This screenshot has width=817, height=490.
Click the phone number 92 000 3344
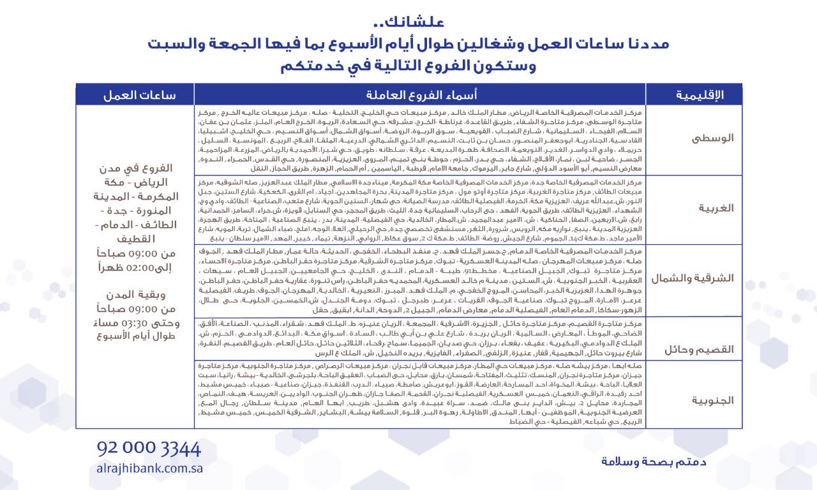[149, 448]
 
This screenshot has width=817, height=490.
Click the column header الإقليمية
[694, 95]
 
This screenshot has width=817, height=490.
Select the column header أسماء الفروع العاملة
[419, 95]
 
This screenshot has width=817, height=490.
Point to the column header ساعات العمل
[135, 95]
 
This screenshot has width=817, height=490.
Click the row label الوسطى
[714, 138]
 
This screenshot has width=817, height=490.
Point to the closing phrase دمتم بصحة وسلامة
[654, 461]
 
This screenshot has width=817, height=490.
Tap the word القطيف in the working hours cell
[135, 239]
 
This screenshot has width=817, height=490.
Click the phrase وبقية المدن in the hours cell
[135, 295]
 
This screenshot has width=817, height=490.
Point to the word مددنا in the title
[644, 45]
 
